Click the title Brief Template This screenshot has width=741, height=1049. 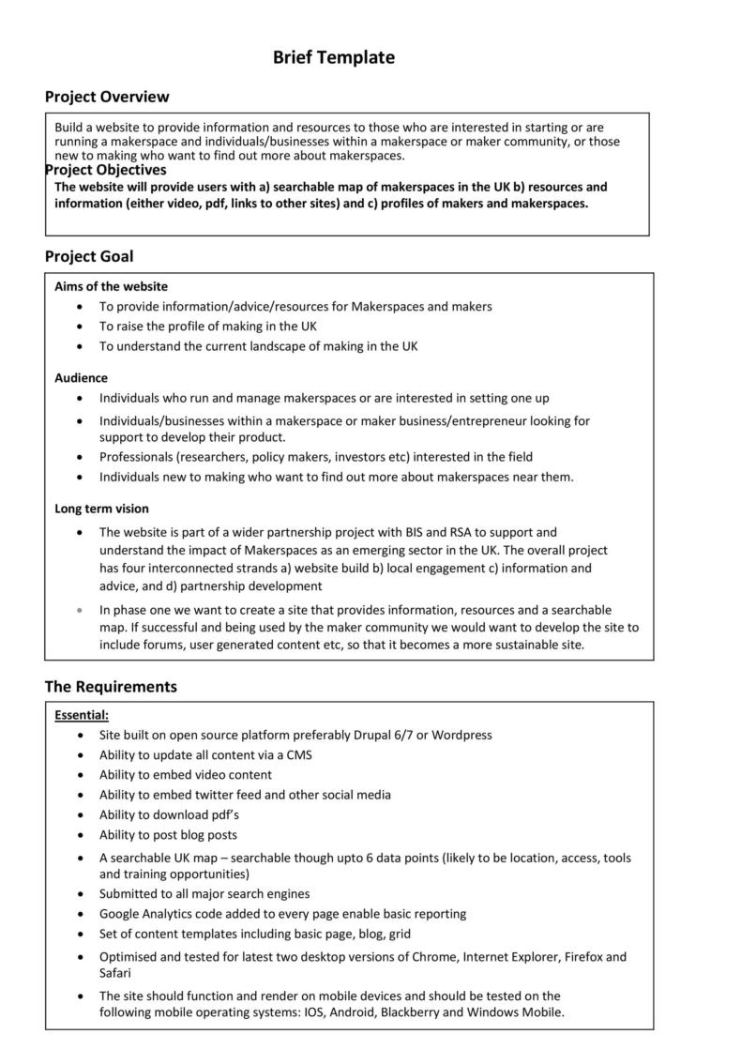[333, 58]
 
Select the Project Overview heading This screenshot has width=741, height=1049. [107, 97]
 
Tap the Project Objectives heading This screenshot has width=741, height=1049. [105, 170]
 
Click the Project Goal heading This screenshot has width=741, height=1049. [89, 256]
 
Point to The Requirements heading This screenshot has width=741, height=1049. [111, 687]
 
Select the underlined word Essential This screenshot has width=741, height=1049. [81, 715]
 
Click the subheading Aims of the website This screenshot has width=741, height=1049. [111, 286]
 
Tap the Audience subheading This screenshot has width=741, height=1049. [81, 378]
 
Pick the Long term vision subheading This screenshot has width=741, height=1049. [101, 509]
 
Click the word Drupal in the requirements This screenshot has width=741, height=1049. [375, 735]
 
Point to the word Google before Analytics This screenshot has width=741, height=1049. [120, 913]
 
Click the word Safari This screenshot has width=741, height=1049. [117, 973]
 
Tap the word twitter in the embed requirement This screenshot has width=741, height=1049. [222, 795]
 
